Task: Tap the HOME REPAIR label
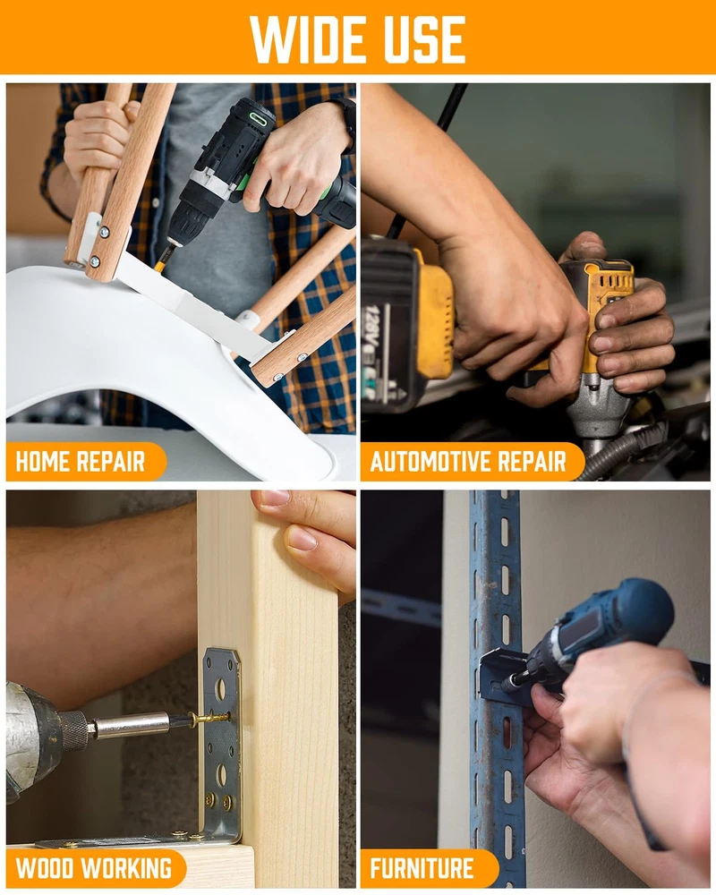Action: coord(81,461)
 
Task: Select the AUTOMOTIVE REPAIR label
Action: coord(467,461)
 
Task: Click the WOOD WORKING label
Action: coord(94,867)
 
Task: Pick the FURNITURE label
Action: coord(422,867)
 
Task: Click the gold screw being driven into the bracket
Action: coord(209,718)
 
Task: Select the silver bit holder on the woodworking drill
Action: coord(132,726)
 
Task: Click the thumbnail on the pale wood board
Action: coord(302,538)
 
